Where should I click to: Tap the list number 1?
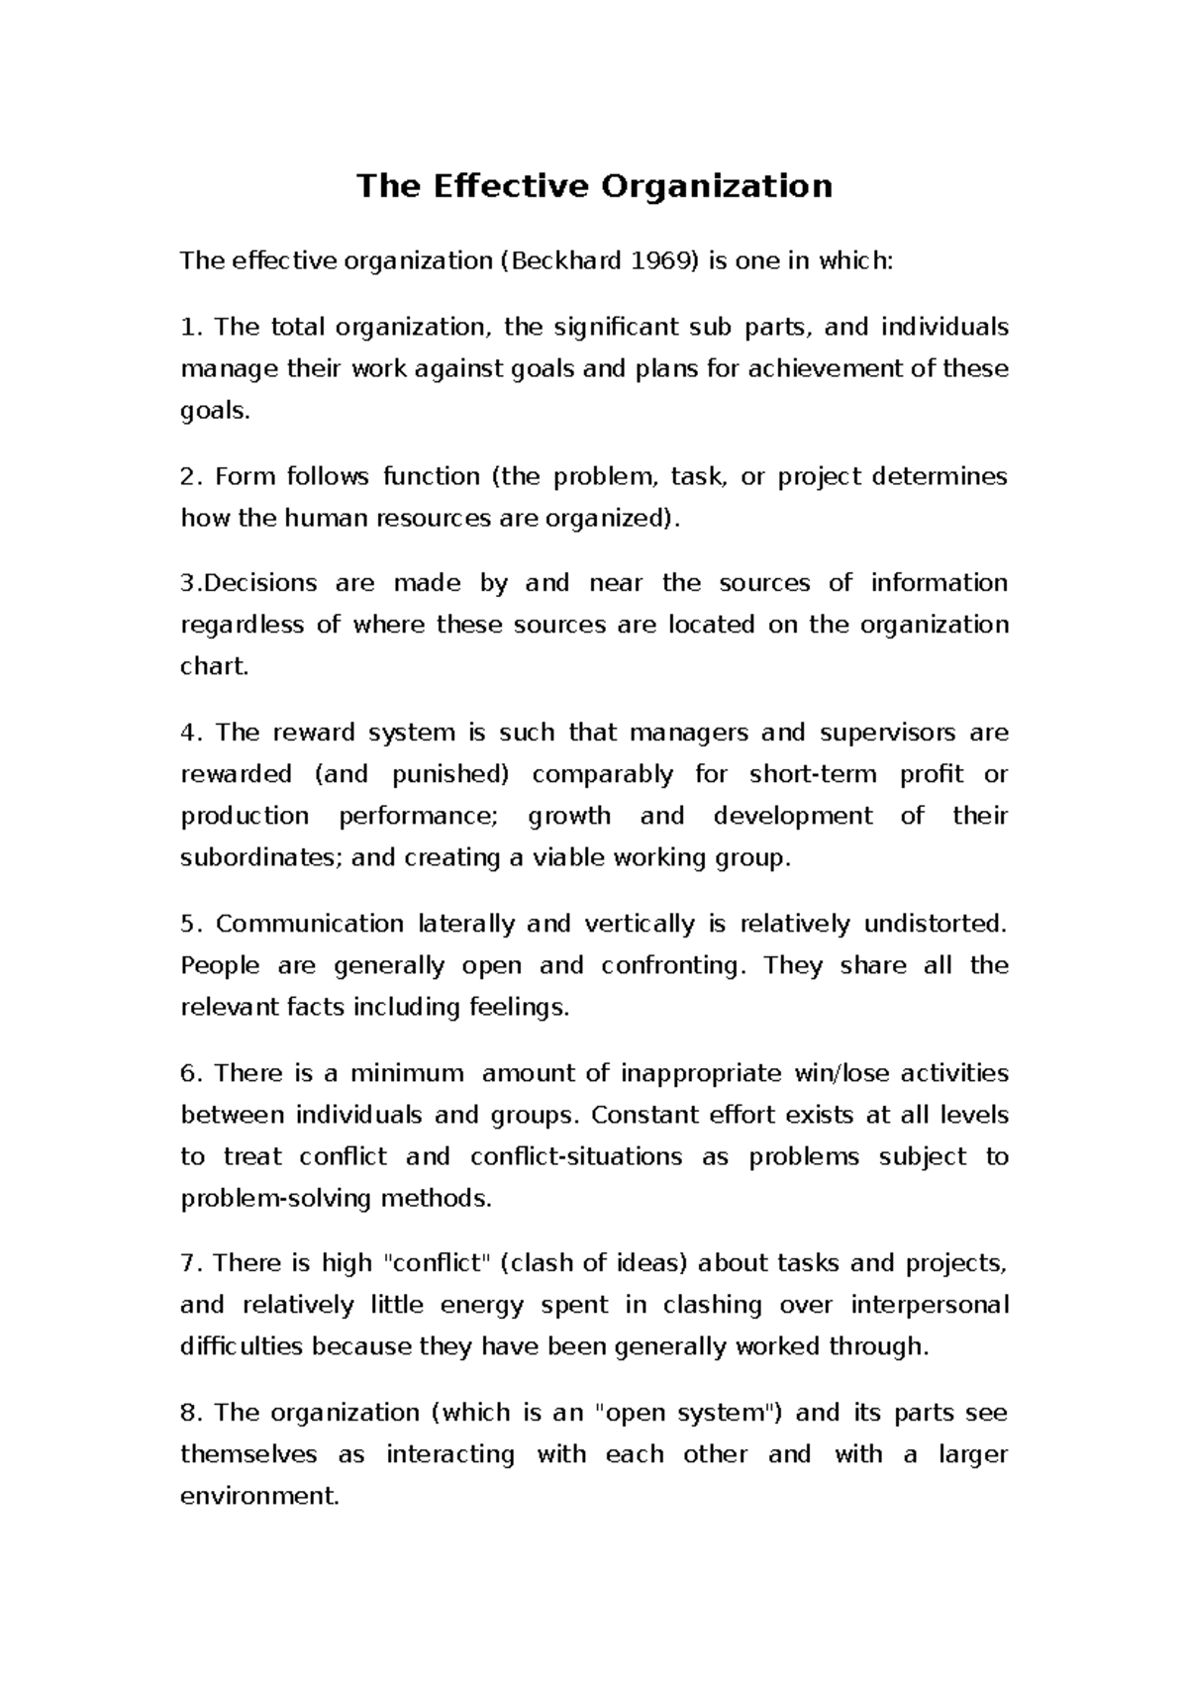point(188,327)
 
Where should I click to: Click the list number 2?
point(189,476)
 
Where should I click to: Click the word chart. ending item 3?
point(214,666)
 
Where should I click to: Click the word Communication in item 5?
point(309,924)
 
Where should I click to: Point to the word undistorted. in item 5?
point(935,924)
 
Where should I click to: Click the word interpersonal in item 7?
point(930,1305)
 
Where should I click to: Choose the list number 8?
point(189,1413)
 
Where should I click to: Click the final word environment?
point(259,1496)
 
